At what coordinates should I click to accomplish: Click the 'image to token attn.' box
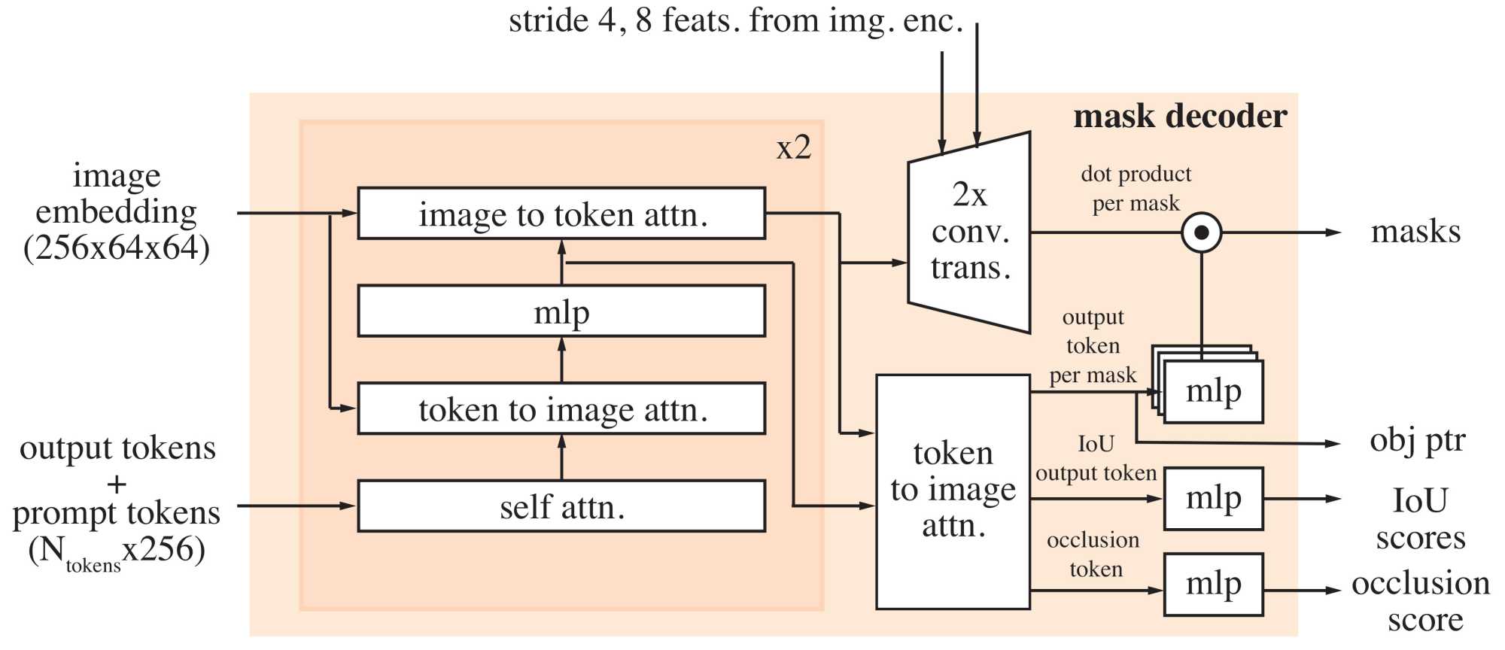(x=561, y=214)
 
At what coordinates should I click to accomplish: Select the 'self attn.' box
(x=561, y=506)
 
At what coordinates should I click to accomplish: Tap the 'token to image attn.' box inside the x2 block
(x=561, y=409)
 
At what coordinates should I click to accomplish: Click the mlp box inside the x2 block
(x=561, y=311)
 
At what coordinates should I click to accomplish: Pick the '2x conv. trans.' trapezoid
(x=969, y=232)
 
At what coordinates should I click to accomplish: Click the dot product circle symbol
(x=1201, y=232)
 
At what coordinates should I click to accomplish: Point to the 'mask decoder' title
(x=1180, y=117)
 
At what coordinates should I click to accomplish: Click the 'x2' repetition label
(x=794, y=147)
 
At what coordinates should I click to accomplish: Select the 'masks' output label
(x=1415, y=232)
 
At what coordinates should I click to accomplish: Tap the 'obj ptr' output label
(x=1417, y=440)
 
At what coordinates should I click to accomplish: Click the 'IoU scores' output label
(x=1420, y=519)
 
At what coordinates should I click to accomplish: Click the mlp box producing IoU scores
(x=1213, y=498)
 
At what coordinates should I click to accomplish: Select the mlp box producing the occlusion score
(x=1213, y=585)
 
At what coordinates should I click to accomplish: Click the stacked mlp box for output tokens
(x=1213, y=391)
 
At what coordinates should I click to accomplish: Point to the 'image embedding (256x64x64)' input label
(x=117, y=211)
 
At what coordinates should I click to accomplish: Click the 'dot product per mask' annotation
(x=1136, y=189)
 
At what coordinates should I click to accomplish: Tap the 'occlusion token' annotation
(x=1094, y=554)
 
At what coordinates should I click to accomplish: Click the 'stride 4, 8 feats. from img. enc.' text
(x=735, y=21)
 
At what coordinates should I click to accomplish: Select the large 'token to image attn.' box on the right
(x=953, y=491)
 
